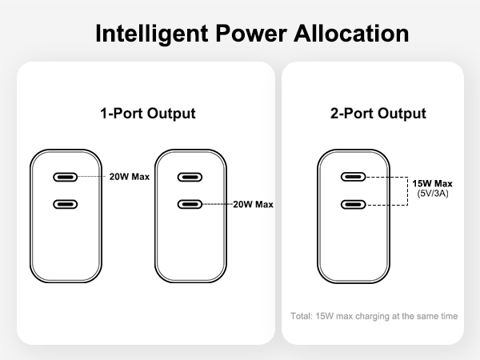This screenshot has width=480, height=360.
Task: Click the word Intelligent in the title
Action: point(152,34)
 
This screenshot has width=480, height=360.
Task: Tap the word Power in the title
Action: point(251,33)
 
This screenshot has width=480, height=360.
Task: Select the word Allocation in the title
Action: point(351,33)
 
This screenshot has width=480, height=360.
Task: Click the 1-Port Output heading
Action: point(148,114)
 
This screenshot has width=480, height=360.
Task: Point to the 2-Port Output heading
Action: point(378,114)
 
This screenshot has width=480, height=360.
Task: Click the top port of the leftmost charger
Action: point(66,177)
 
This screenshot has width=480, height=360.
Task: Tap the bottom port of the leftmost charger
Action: point(66,204)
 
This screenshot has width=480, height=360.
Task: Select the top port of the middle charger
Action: point(190,177)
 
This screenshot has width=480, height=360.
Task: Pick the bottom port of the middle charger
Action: point(190,204)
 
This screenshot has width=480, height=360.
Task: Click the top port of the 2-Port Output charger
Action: point(354,177)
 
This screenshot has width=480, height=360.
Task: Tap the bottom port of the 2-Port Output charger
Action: point(354,204)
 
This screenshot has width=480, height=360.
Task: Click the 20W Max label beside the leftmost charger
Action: point(130,177)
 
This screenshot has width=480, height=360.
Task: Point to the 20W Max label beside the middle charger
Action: point(253,204)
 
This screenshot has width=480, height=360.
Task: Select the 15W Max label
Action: point(432,184)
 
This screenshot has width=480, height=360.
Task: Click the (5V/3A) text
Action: point(433,194)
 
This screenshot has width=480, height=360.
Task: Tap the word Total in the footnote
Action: point(302,316)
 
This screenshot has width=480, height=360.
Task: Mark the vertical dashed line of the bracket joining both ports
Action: point(407,191)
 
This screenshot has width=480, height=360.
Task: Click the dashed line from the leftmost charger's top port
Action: point(92,177)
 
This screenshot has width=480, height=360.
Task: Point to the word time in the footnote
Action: point(450,316)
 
